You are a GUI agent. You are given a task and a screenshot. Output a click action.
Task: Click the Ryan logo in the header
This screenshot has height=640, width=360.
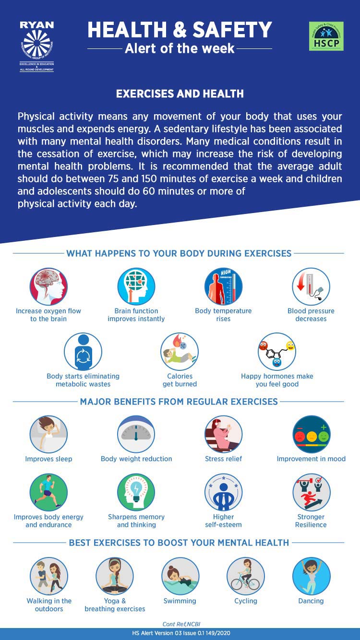(36, 46)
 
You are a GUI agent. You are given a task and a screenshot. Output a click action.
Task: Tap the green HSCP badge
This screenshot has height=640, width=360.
(326, 36)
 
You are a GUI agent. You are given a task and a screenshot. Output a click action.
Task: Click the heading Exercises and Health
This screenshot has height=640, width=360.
(180, 94)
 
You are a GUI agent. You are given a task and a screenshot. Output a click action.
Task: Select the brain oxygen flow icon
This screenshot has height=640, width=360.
(48, 286)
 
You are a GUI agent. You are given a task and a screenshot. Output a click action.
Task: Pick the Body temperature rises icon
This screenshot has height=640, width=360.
(223, 286)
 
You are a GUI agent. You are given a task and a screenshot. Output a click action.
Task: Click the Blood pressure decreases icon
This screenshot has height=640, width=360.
(311, 286)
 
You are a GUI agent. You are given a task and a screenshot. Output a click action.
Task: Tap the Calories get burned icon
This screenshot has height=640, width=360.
(180, 352)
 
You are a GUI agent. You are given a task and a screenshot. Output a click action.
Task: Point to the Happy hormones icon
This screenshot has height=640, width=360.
(277, 352)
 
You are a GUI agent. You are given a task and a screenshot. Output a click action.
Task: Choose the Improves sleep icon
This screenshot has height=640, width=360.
(48, 434)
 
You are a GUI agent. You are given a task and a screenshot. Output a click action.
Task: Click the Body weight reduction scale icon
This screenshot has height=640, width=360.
(136, 434)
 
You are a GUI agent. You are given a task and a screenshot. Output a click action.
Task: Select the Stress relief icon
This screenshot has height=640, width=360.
(223, 434)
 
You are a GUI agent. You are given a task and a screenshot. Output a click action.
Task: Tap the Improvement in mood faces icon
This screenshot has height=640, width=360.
(311, 434)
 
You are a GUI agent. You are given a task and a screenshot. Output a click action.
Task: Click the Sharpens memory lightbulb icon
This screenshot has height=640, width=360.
(136, 492)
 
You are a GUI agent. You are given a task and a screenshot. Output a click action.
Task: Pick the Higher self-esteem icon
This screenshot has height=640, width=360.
(223, 492)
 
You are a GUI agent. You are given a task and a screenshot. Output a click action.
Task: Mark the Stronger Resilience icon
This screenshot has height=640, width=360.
(311, 492)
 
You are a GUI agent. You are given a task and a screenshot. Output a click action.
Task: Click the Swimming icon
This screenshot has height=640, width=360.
(180, 576)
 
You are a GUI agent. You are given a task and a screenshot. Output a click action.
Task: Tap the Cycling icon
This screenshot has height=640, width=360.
(246, 576)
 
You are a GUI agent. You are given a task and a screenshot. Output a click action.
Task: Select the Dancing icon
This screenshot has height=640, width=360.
(311, 576)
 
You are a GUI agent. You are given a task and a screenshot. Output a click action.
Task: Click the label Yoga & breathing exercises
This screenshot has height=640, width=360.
(115, 605)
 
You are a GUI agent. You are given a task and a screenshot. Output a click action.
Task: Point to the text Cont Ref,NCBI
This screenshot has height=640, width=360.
(180, 624)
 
